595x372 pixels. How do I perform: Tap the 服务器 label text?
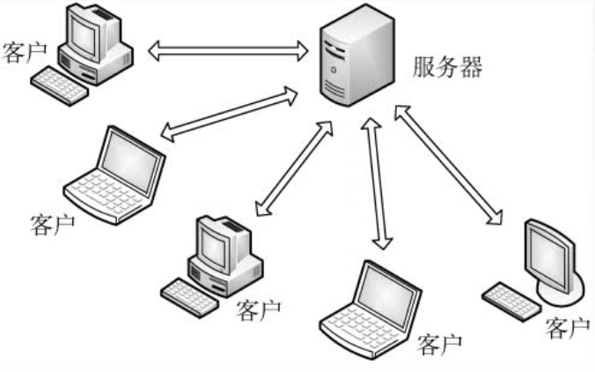pyautogui.click(x=447, y=68)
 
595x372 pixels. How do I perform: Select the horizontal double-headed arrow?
pyautogui.click(x=227, y=51)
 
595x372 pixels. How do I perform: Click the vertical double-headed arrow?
pyautogui.click(x=377, y=186)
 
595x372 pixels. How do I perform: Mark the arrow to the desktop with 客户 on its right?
pyautogui.click(x=294, y=168)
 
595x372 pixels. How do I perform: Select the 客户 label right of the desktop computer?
pyautogui.click(x=259, y=309)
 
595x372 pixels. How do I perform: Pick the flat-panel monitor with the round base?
pyautogui.click(x=551, y=255)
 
